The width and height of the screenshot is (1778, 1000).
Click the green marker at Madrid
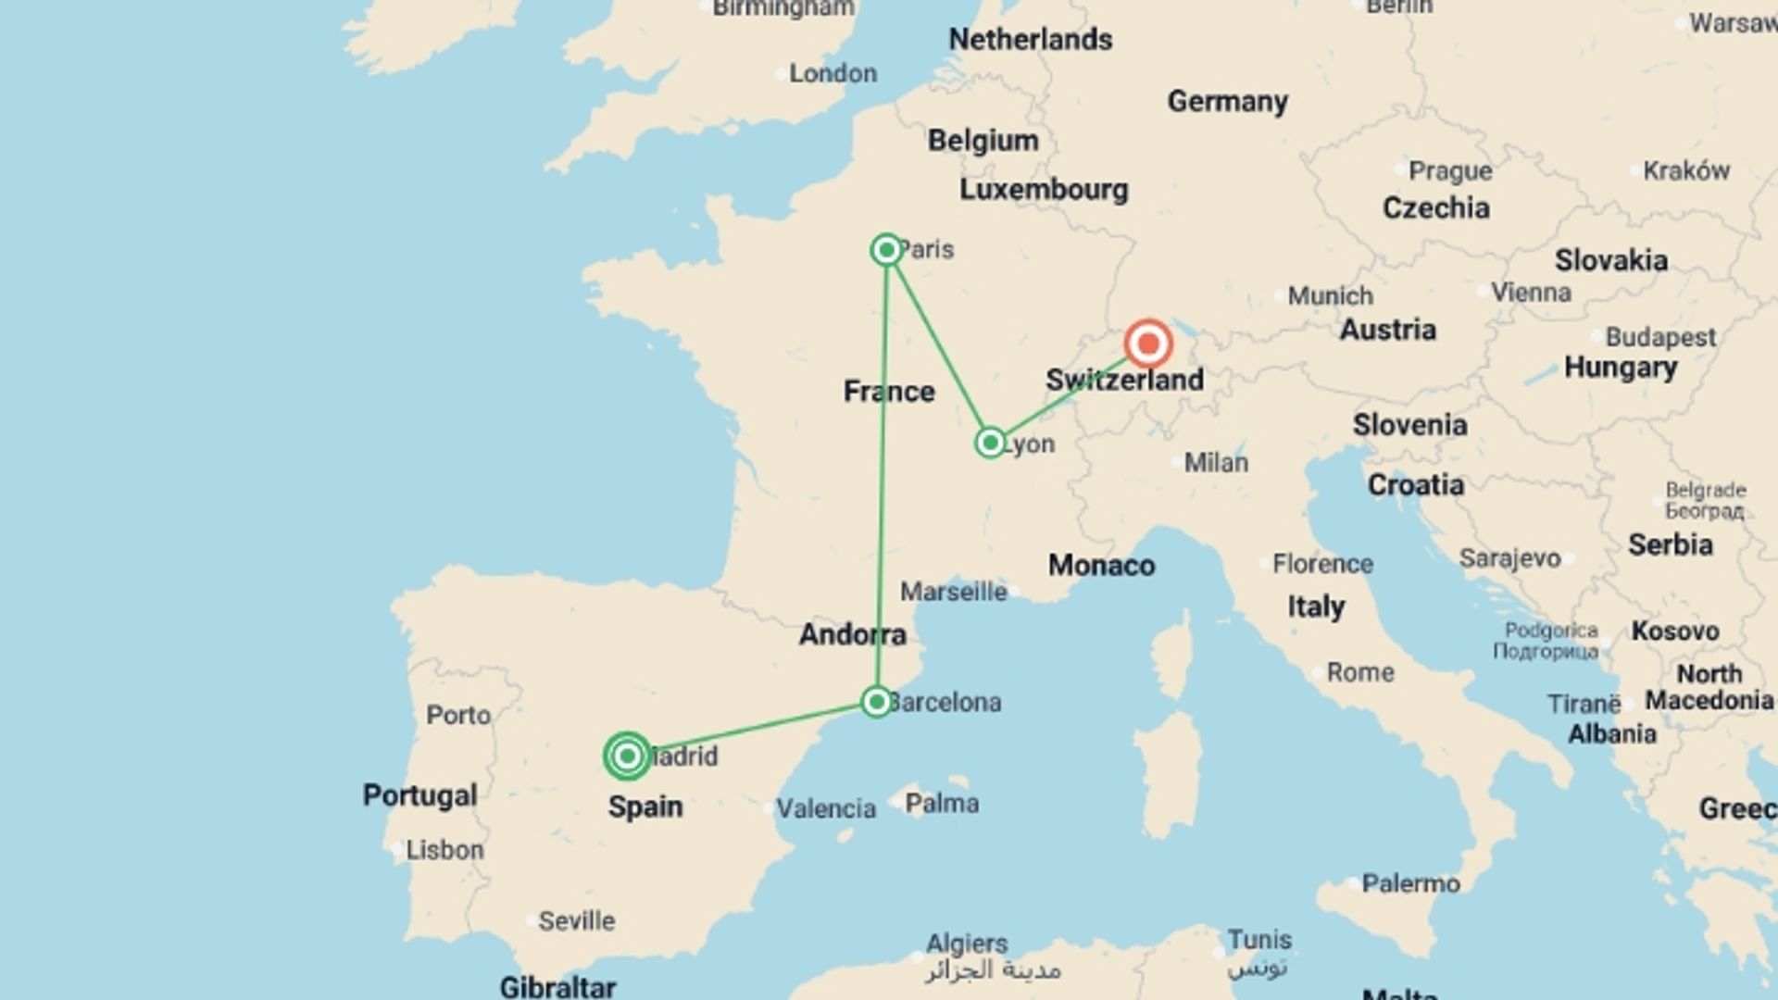627,756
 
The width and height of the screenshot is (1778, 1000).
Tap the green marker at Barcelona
876,702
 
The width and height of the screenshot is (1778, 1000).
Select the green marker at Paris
886,250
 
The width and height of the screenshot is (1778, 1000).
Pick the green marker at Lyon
990,443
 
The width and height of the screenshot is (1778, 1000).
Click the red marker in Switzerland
1148,344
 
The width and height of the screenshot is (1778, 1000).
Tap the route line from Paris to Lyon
937,345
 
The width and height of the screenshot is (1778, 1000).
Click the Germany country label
1227,101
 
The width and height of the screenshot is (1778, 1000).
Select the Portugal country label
419,795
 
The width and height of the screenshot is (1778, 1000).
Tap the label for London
833,73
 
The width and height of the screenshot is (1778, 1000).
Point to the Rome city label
1359,672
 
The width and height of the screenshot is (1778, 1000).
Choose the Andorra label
852,634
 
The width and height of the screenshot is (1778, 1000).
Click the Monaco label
1101,565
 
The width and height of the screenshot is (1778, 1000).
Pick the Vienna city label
1531,293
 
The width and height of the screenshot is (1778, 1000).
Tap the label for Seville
576,920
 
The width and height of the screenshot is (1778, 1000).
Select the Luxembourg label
1044,190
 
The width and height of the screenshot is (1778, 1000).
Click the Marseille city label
953,592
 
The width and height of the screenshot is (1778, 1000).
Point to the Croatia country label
1415,485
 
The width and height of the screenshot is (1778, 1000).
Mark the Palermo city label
1410,883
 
